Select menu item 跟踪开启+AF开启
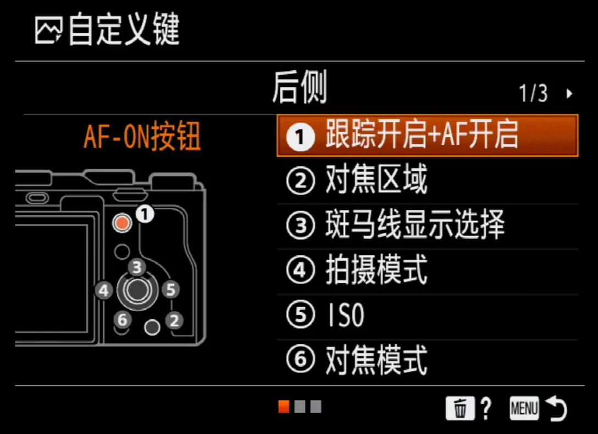(427, 136)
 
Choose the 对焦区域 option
(427, 180)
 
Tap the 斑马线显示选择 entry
(427, 225)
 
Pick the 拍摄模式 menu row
(427, 270)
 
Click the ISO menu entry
(427, 315)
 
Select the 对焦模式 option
(427, 360)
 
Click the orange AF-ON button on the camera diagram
(122, 222)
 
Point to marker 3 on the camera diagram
(137, 267)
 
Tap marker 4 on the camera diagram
(104, 291)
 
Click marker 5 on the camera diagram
(170, 290)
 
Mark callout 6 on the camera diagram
(123, 319)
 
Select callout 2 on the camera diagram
(174, 320)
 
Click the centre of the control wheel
(137, 291)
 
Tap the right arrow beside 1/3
(569, 94)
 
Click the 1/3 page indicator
(533, 93)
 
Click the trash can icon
(460, 408)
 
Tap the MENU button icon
(524, 409)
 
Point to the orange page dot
(284, 407)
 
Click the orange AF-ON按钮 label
(142, 136)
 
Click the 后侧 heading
(300, 88)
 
